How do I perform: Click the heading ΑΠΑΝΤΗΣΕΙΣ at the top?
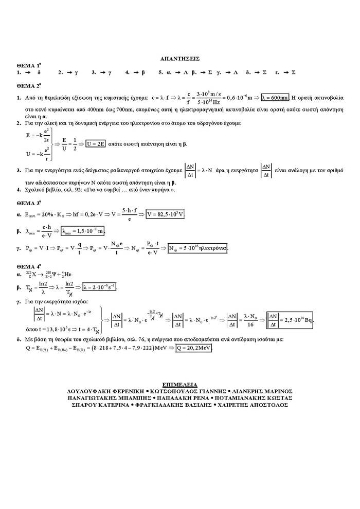coord(180,59)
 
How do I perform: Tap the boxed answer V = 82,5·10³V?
coord(165,214)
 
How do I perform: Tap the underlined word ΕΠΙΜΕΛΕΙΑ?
coord(180,385)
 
